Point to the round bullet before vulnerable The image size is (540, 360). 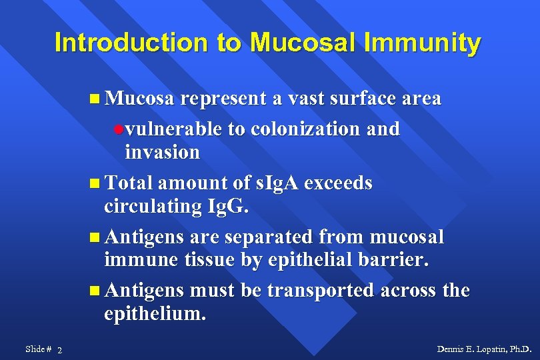[118, 129]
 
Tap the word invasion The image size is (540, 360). [162, 152]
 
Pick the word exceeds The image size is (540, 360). [339, 183]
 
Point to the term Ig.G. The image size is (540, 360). [227, 207]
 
